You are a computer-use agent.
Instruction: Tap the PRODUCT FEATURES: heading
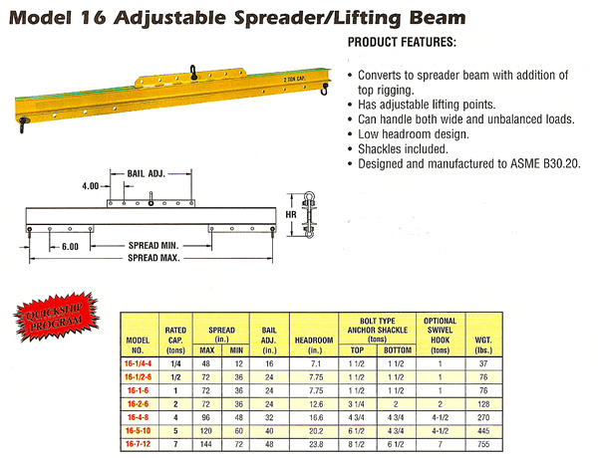coord(403,45)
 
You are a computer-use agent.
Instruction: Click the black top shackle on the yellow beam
coord(188,72)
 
